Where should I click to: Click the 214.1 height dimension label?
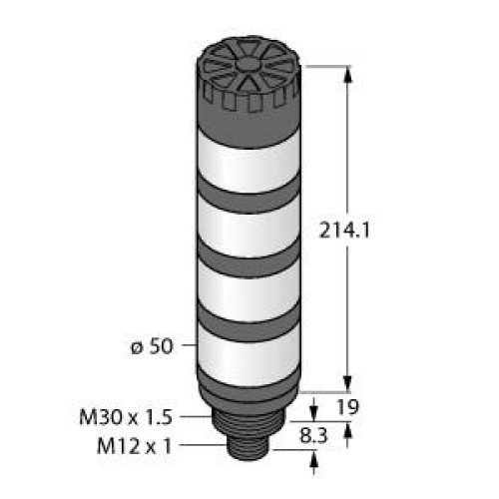point(344,231)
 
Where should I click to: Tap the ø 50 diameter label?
point(152,346)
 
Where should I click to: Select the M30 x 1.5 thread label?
point(126,417)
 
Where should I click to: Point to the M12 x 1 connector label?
point(135,446)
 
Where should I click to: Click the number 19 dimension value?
point(348,407)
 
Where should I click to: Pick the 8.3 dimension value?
point(313,436)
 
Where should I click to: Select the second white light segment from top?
point(249,226)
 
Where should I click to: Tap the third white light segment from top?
point(249,290)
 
